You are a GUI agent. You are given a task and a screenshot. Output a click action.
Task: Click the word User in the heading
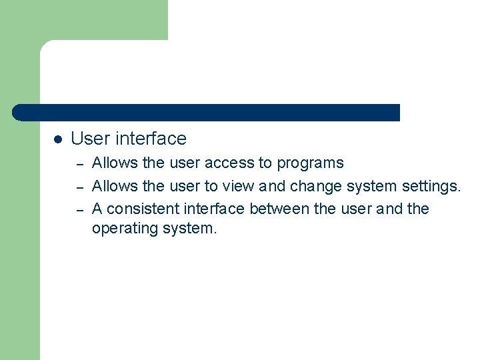click(90, 139)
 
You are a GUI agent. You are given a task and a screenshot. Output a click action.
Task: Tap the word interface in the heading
click(151, 139)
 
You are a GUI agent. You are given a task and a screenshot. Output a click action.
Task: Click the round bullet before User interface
click(58, 139)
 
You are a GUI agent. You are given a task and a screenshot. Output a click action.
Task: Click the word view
click(237, 186)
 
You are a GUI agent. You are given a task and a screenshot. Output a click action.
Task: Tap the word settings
click(431, 187)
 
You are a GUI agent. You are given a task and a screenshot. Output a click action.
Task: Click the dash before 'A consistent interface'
click(79, 209)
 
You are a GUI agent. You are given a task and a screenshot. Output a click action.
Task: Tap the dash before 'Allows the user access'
click(79, 164)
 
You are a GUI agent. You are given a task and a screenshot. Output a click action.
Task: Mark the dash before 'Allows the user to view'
click(79, 187)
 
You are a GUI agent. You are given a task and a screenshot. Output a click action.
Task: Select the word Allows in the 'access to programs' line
click(115, 163)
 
